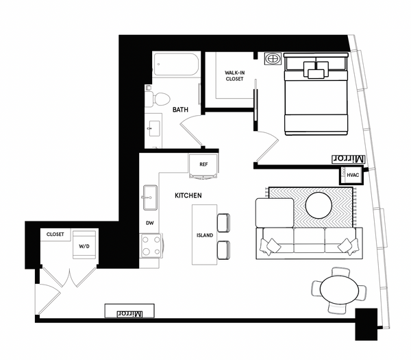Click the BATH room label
[x=180, y=110]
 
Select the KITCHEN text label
[x=188, y=196]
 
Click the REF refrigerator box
[x=203, y=165]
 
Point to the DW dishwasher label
[x=149, y=223]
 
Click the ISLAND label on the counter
[x=205, y=235]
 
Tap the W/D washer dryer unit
[x=84, y=245]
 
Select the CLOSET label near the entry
[x=55, y=235]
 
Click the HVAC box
[x=353, y=176]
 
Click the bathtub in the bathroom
[x=176, y=67]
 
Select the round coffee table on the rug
[x=319, y=205]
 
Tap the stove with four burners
[x=150, y=245]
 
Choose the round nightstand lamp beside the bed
[x=273, y=59]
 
